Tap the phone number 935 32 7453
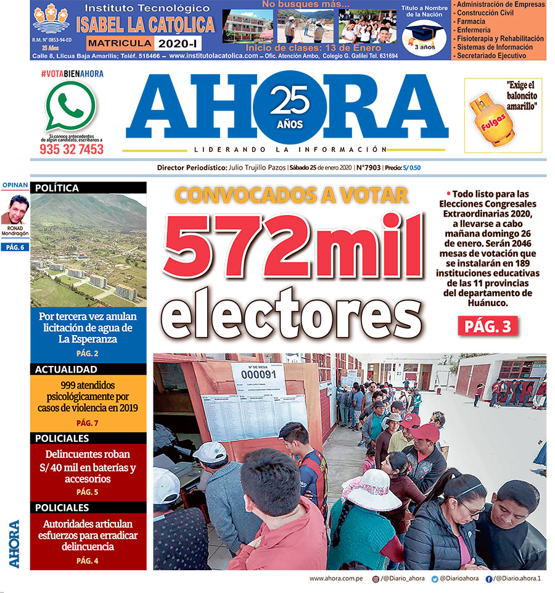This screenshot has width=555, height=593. pos(72,149)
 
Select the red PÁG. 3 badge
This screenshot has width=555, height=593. pos(487,327)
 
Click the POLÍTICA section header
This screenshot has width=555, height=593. pos(88,188)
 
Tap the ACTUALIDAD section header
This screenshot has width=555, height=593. pos(88,370)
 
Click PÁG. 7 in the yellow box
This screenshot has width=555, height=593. pos(88,423)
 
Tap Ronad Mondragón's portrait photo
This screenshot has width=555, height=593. pos(15,210)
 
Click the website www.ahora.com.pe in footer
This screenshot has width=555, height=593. pos(334,579)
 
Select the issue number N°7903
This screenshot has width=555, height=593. pos(368,168)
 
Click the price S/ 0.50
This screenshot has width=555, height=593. pos(411,168)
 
